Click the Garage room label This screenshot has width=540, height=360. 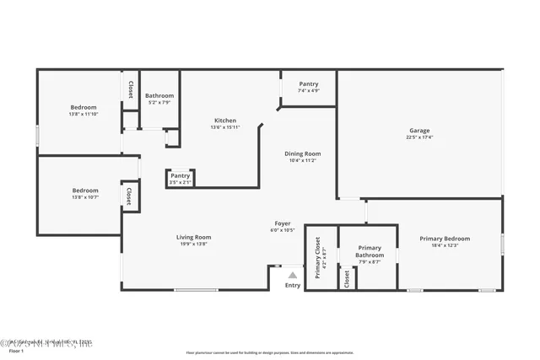[419, 131]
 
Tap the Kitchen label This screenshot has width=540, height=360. [224, 121]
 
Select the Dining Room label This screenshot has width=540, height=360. [302, 153]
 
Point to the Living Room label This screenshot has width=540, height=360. [193, 237]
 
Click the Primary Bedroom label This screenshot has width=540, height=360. [445, 239]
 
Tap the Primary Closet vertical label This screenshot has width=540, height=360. [318, 258]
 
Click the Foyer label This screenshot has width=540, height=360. [282, 223]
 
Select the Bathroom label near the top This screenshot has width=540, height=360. [159, 96]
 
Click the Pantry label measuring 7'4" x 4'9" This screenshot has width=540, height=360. [309, 84]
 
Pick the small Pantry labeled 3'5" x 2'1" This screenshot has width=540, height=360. [180, 175]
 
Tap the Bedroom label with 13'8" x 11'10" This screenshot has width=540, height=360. [83, 107]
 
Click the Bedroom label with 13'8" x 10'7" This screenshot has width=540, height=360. [85, 191]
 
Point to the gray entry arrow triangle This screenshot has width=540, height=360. [293, 275]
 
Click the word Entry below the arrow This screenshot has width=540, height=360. [292, 286]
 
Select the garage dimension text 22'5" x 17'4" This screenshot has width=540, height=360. [419, 137]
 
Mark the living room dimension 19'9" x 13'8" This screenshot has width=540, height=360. [193, 244]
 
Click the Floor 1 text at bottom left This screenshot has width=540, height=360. [16, 351]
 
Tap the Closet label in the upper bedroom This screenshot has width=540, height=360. [130, 89]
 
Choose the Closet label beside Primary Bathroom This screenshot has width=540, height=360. [347, 278]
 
